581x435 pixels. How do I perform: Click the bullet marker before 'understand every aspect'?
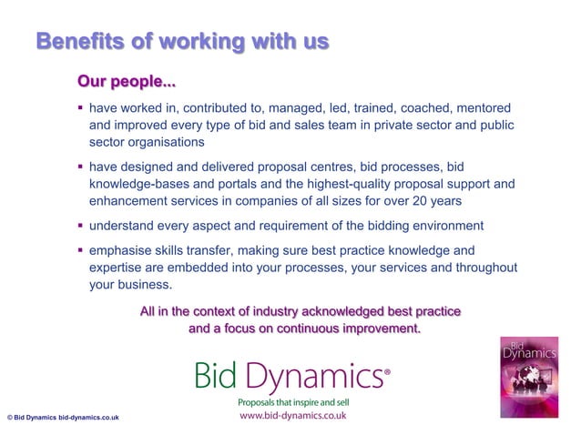79,225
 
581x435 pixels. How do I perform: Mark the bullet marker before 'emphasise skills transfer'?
79,250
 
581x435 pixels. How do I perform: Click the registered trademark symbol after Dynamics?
388,370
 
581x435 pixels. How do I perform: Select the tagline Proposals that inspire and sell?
293,401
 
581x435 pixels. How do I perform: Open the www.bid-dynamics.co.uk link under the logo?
292,416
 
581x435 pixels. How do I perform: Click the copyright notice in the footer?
61,419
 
